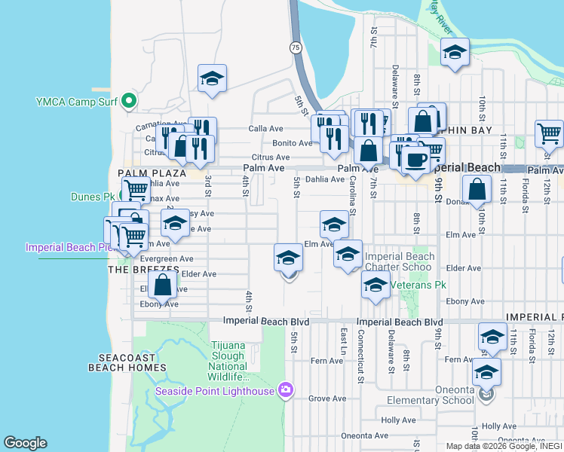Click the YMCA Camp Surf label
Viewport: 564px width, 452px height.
point(78,101)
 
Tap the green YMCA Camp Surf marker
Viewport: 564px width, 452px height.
point(129,100)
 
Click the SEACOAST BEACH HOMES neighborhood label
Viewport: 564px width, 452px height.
point(127,362)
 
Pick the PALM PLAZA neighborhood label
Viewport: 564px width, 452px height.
point(141,173)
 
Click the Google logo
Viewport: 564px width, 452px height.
point(25,442)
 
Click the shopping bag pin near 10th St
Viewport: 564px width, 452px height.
point(477,190)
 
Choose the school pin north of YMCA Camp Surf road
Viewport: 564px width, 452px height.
point(213,78)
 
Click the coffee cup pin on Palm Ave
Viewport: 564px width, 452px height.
point(415,159)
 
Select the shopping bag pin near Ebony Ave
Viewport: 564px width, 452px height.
point(162,286)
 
